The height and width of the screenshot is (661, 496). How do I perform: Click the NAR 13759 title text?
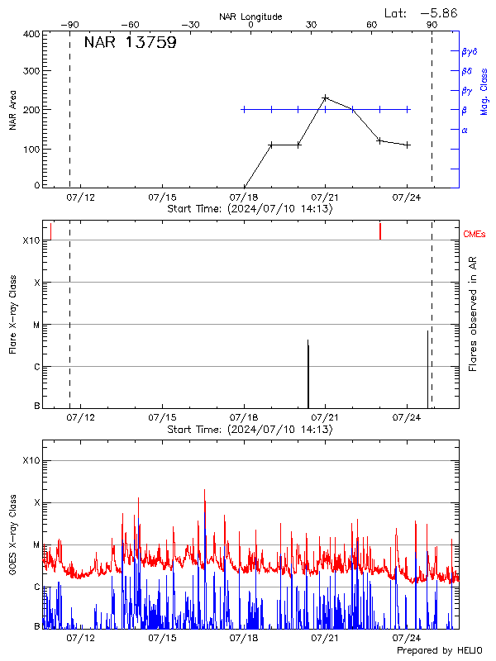[130, 43]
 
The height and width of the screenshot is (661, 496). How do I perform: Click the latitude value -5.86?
[438, 12]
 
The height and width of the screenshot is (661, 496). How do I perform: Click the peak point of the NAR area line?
[325, 97]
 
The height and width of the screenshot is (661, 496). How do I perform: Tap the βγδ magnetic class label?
[470, 51]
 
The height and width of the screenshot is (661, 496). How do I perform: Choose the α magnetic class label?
[465, 130]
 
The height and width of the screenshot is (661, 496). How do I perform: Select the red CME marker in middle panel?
[379, 231]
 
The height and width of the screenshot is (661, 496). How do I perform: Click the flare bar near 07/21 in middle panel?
[308, 372]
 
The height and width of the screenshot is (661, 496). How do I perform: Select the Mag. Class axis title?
[484, 92]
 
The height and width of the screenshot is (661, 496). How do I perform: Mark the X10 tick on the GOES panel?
[31, 460]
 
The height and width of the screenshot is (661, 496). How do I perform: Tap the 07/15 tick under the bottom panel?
[161, 638]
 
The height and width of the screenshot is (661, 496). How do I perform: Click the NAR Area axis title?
[12, 111]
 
